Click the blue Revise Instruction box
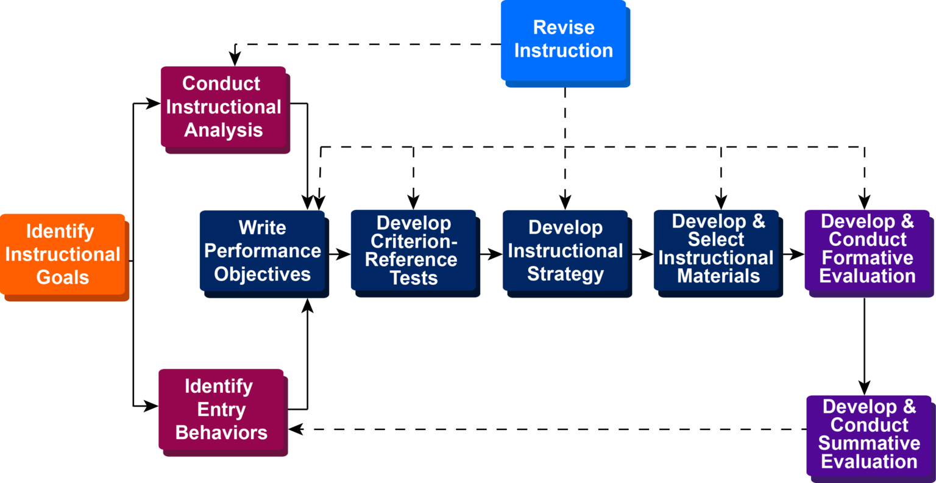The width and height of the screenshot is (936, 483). (563, 40)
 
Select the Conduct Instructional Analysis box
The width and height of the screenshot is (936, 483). (223, 107)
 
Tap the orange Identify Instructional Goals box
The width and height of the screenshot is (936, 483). (63, 254)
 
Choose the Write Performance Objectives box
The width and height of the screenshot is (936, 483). (262, 251)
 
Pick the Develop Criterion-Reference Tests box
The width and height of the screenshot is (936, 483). (413, 251)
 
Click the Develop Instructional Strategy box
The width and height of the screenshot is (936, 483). (565, 251)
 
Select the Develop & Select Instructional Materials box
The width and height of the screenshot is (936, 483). (716, 251)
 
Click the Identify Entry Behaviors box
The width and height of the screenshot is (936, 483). (221, 409)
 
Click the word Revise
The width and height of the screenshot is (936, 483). (564, 27)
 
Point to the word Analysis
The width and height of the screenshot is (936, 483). (224, 131)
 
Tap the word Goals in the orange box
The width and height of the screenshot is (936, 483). (63, 277)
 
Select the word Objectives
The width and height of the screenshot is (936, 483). (262, 274)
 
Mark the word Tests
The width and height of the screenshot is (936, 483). (414, 278)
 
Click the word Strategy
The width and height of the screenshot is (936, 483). (565, 274)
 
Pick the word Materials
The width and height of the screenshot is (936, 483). (718, 276)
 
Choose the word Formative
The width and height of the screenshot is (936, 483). (867, 258)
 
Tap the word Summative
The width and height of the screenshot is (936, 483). (869, 443)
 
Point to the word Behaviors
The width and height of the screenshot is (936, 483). (221, 433)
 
